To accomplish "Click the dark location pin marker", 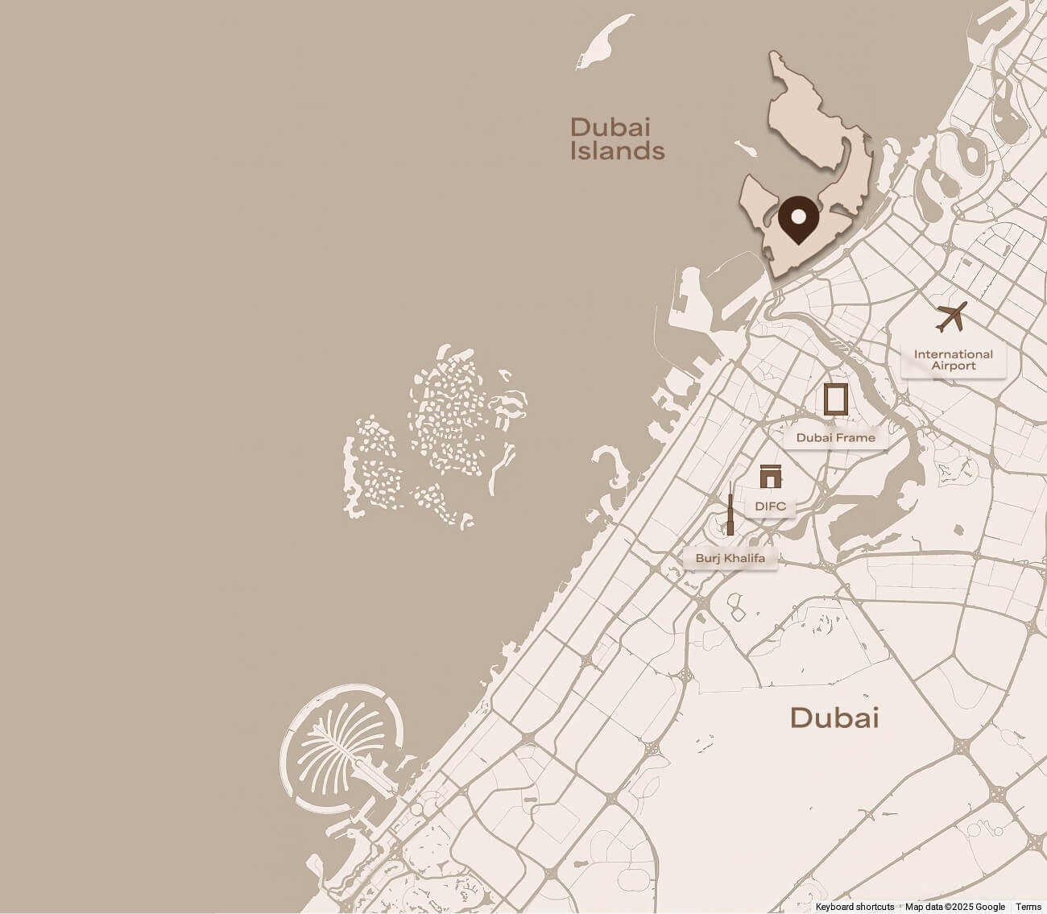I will coord(797,219).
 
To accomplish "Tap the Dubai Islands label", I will coord(617,139).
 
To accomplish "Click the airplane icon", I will coord(952,316).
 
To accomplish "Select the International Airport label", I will coord(953,360).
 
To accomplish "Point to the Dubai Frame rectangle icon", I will coord(835,399).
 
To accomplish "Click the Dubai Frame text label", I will coord(835,438).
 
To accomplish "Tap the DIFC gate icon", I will coord(770,477).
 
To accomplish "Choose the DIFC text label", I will coord(770,507).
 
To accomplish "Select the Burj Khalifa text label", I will coord(730,558).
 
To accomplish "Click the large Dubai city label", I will coord(834,718).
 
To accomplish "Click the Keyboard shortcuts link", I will coord(855,907).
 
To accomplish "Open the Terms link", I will coord(1028,907).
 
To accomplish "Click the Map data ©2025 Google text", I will coord(954,907).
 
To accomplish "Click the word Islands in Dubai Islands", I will coord(617,151).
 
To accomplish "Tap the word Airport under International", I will coord(953,366).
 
